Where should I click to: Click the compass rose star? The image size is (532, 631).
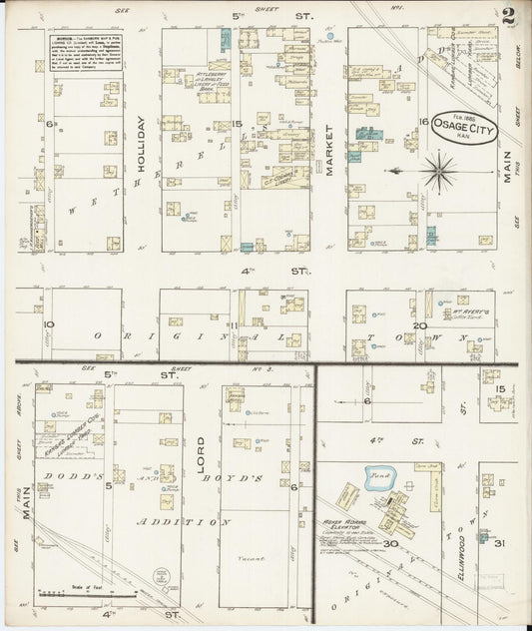click(437, 171)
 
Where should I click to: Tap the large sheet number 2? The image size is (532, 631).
click(509, 16)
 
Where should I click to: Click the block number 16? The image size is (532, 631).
click(423, 122)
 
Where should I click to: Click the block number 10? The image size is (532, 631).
click(47, 324)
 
